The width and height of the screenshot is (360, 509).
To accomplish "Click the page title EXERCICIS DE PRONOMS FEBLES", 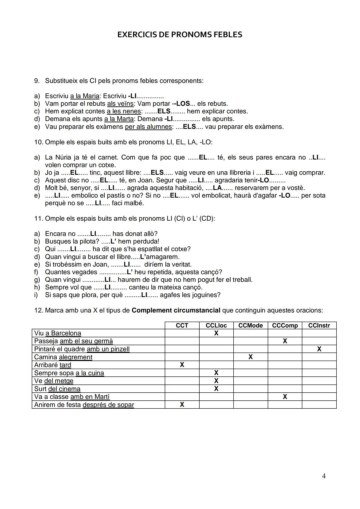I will point(180,35).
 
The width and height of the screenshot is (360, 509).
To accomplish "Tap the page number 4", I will point(324,476).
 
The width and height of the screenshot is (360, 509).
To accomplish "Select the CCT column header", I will point(182,325).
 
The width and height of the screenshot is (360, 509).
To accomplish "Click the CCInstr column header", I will point(319,325).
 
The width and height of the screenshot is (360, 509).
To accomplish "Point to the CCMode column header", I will point(250,325).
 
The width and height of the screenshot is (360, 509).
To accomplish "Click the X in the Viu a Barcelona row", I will point(216,333).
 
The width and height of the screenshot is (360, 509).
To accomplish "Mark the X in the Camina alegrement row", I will point(250,357).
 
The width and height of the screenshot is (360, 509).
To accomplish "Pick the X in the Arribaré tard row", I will point(182,365).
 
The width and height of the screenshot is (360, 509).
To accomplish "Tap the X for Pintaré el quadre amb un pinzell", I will point(319,349).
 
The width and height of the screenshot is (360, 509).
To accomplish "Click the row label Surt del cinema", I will point(57,389).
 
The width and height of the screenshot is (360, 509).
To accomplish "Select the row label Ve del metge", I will point(54,381).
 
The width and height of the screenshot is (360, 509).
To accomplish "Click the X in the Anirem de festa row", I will point(182,404).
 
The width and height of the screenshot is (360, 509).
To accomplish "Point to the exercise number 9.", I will point(37,81).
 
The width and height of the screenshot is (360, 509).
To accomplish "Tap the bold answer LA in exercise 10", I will point(217,188).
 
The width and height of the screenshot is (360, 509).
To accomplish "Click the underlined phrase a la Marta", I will point(119,119).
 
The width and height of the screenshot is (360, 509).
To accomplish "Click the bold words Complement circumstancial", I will point(176,310).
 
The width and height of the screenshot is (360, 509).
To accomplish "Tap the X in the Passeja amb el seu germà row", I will point(285,341).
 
